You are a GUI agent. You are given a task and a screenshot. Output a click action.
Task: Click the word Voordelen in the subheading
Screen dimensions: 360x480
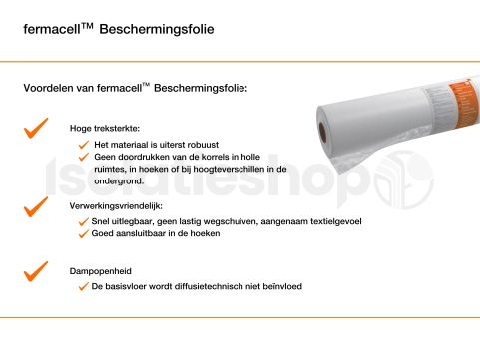point(48,89)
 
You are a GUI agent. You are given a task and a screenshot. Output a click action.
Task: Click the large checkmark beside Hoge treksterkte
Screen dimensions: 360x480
point(36,127)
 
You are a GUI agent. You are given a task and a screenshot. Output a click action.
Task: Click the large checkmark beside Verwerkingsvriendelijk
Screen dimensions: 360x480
point(36,206)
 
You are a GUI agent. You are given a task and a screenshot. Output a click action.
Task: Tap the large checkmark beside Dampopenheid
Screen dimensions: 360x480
point(36,268)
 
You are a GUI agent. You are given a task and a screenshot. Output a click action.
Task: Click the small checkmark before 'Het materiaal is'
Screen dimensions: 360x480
point(85,145)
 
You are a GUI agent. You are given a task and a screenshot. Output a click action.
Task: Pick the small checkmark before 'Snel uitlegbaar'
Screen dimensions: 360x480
point(85,222)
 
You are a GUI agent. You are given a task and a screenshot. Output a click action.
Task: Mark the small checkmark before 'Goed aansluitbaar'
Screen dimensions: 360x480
point(85,234)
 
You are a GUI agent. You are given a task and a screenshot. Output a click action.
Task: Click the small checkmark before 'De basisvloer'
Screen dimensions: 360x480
point(85,287)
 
